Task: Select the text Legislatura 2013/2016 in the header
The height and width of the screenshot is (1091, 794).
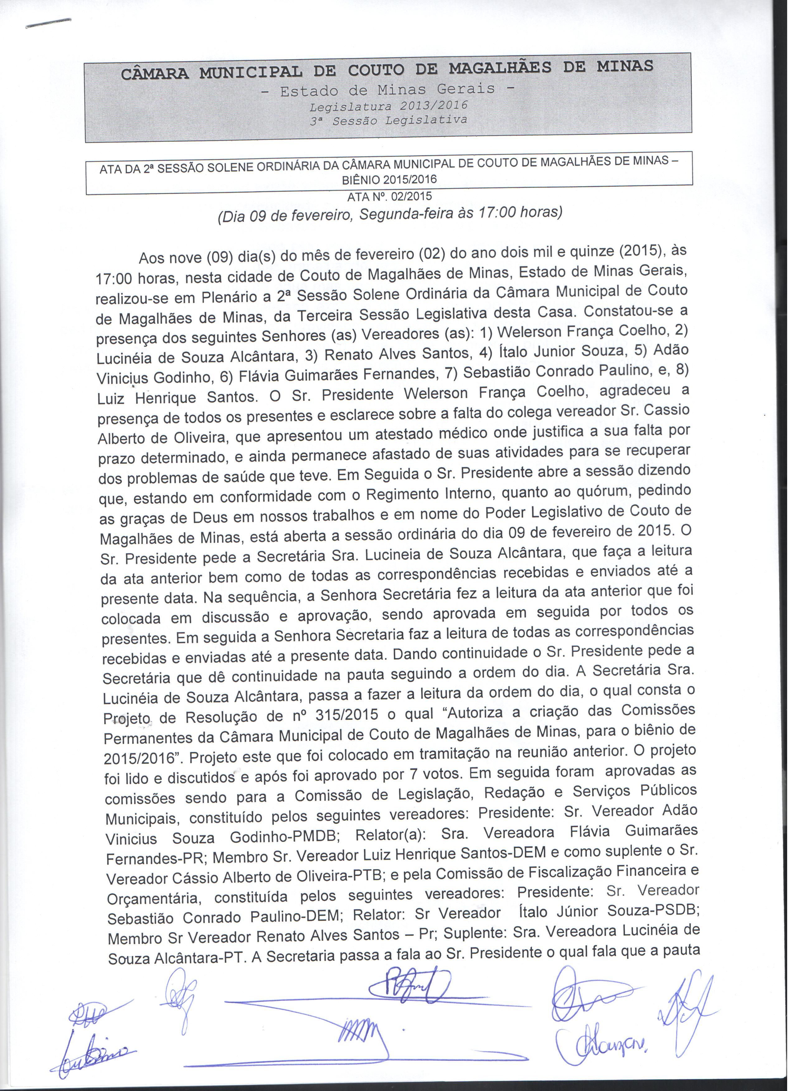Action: click(x=388, y=105)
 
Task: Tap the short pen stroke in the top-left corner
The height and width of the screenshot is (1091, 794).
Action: click(x=48, y=23)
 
